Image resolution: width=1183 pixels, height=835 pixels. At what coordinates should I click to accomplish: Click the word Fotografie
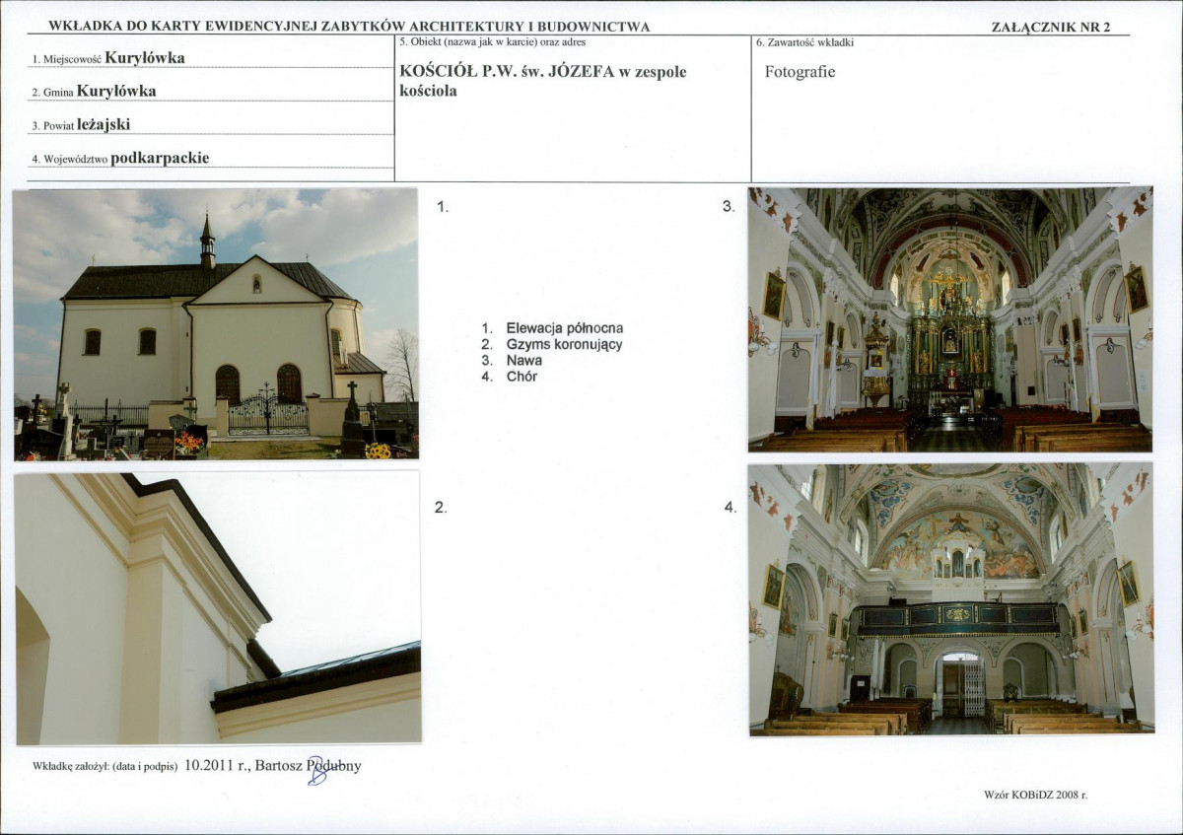point(800,72)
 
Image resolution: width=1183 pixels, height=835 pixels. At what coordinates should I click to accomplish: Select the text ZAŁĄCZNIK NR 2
point(1051,27)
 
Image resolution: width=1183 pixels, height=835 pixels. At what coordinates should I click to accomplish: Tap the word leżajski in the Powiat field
point(104,124)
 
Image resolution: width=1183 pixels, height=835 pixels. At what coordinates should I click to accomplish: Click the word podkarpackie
point(160,158)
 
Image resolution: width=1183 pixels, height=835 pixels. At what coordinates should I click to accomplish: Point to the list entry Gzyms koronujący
point(564,344)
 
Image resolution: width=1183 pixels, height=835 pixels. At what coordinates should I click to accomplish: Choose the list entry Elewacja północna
point(565,328)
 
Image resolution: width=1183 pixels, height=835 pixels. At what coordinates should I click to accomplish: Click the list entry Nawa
point(523,360)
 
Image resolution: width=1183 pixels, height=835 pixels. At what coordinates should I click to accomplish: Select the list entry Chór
point(522,377)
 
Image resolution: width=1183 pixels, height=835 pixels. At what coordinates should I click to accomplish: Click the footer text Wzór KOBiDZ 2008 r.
point(1036,795)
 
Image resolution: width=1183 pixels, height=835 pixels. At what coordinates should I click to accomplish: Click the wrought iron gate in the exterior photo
point(268,412)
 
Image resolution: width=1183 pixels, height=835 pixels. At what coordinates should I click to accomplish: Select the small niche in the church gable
point(256,284)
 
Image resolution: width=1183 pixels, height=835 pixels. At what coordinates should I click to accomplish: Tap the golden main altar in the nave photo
point(949,338)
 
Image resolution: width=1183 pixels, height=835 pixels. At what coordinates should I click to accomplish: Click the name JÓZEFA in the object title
point(582,72)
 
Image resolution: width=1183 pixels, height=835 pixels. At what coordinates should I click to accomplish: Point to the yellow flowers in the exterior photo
point(379,451)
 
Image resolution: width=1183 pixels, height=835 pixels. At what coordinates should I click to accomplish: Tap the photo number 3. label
point(729,206)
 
